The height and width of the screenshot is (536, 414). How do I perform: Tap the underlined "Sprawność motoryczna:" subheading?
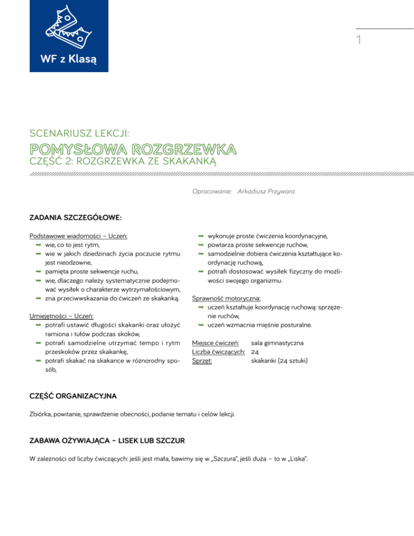click(227, 298)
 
